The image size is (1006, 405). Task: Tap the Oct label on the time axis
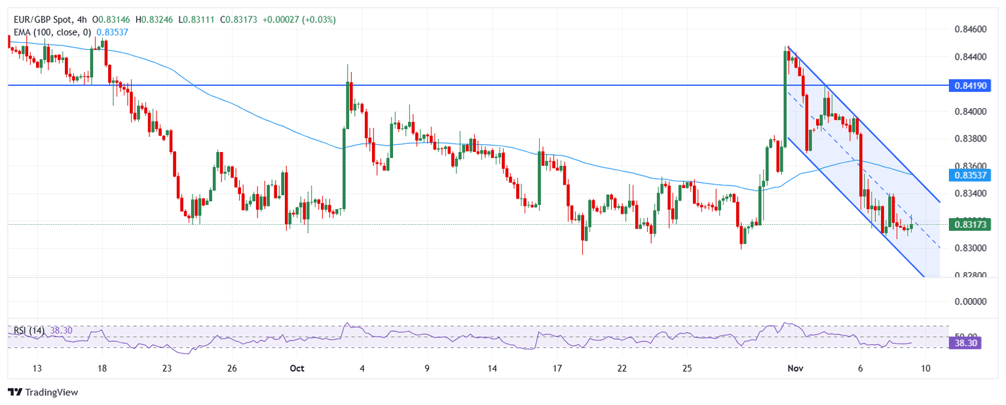(297, 368)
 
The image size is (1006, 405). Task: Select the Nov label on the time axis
(795, 368)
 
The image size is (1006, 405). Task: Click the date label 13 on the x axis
(37, 368)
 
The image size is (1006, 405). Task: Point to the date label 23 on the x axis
(167, 368)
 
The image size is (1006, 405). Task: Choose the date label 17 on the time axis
(557, 368)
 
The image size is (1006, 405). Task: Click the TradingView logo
(43, 392)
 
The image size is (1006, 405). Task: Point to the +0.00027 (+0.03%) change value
(299, 20)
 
